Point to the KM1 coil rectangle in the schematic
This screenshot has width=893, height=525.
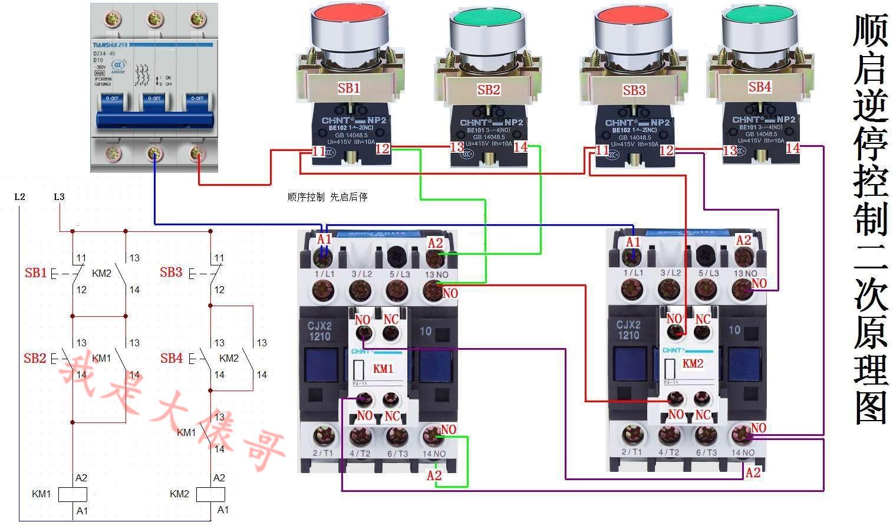point(73,494)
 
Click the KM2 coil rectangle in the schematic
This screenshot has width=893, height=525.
point(210,494)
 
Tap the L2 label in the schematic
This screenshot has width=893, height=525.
point(19,197)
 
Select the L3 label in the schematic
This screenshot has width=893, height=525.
point(59,197)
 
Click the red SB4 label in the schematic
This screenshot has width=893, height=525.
point(172,358)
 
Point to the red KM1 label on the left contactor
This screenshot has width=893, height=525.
point(383,369)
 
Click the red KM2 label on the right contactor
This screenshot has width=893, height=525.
point(693,364)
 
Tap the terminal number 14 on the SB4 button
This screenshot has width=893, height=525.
point(793,148)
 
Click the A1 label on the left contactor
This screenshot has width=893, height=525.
point(324,239)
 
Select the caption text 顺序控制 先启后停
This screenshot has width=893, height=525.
point(328,197)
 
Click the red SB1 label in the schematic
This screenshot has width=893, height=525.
point(35,273)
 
